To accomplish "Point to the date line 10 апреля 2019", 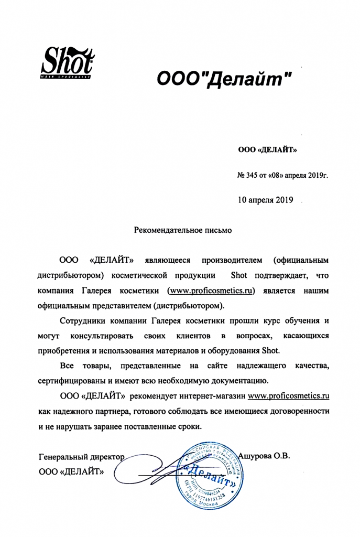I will (x=266, y=199).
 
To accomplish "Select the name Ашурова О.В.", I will (x=264, y=454).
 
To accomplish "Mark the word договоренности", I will (x=299, y=410).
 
